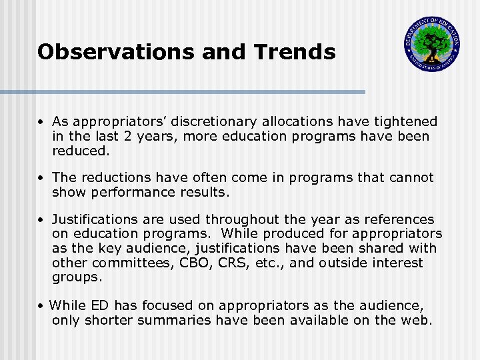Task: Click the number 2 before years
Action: point(117,137)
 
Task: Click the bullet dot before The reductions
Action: point(41,178)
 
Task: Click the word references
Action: point(401,219)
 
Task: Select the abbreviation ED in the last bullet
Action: point(98,306)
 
